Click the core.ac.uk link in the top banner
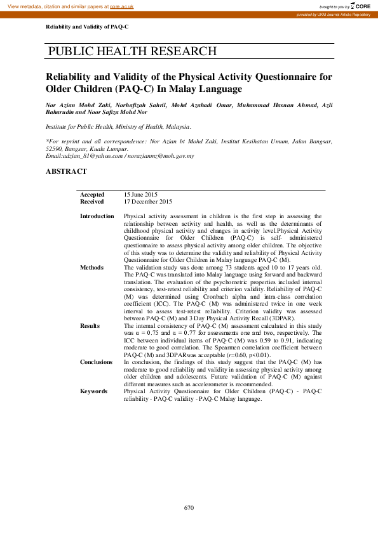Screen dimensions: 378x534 click(121, 5)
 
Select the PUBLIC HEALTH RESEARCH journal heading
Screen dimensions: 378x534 click(132, 51)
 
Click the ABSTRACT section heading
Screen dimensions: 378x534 click(67, 171)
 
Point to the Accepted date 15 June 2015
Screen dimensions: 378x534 click(140, 195)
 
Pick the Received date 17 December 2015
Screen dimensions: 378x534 click(147, 202)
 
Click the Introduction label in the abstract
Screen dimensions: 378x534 click(97, 216)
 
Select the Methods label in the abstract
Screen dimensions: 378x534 click(91, 268)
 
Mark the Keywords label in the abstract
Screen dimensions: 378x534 click(94, 374)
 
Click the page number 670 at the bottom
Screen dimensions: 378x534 click(189, 507)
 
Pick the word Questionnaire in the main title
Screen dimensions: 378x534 click(286, 77)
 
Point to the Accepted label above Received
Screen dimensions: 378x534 click(91, 195)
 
